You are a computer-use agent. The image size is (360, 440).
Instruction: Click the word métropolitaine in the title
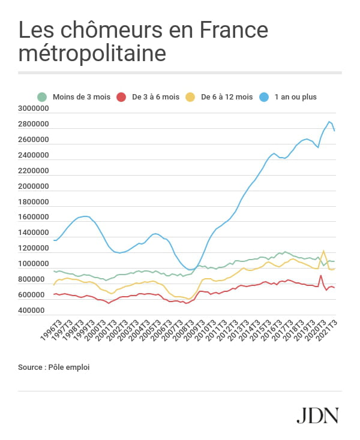coord(92,53)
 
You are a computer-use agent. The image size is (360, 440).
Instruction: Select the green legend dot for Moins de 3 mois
coord(42,97)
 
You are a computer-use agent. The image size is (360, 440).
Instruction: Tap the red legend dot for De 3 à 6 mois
coord(121,97)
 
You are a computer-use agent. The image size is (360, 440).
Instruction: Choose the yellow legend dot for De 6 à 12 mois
coord(190,97)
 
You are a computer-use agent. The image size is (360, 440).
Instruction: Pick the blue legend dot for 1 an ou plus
coord(264,97)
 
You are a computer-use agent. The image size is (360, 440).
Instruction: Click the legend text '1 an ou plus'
coord(295,97)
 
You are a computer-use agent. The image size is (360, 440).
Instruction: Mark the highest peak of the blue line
coord(329,122)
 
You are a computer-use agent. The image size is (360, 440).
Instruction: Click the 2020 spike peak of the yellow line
coord(324,251)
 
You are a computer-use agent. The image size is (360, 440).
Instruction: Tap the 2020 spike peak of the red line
coord(321,276)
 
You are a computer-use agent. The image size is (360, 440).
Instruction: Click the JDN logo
coord(317,415)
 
